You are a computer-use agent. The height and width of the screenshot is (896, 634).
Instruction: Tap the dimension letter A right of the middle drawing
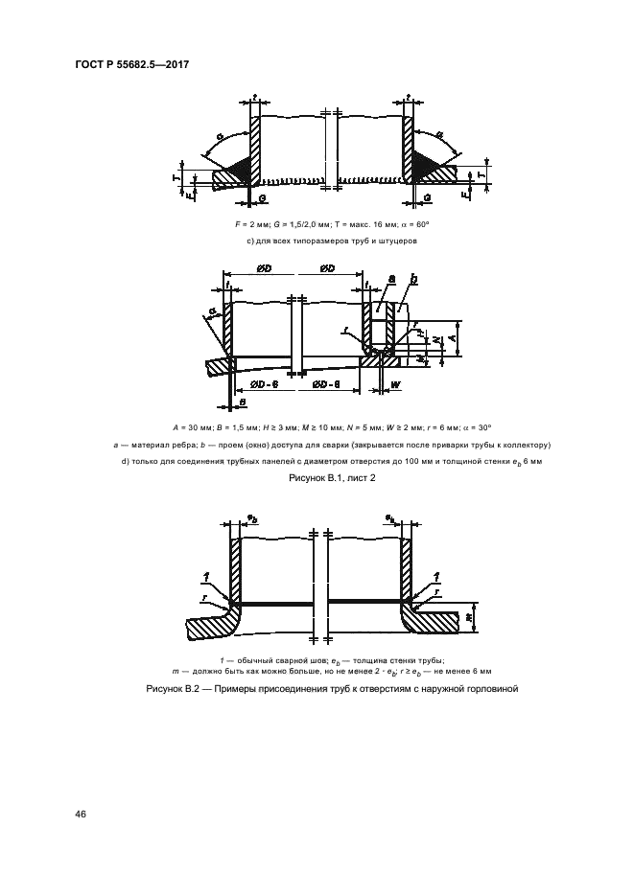437,338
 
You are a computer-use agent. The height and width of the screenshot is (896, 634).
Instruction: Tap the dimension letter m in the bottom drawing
468,617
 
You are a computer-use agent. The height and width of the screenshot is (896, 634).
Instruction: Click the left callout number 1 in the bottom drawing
206,576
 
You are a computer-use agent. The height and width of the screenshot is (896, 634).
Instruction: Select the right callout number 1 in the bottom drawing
435,576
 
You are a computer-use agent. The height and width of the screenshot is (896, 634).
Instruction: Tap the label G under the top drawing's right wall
427,196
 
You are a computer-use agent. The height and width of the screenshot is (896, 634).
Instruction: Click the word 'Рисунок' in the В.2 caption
168,688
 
